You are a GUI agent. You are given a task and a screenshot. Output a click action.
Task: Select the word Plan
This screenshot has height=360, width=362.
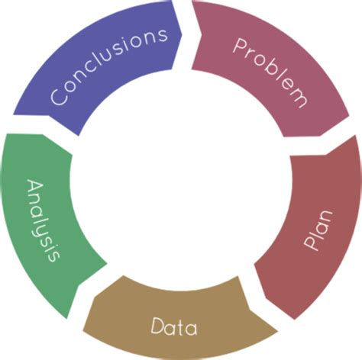click(318, 230)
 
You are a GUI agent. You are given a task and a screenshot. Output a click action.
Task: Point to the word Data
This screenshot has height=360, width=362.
click(174, 326)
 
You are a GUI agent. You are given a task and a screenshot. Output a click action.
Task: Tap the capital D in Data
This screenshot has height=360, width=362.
click(158, 326)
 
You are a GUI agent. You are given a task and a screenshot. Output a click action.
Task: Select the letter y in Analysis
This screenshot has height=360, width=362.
click(44, 227)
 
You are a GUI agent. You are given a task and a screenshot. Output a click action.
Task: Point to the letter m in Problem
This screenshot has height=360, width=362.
click(299, 98)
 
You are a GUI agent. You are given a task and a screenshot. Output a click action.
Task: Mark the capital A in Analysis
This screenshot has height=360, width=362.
click(35, 188)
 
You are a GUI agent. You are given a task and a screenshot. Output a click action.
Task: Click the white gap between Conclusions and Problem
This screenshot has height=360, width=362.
click(186, 36)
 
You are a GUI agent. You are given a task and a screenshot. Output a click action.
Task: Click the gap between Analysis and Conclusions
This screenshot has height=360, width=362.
click(44, 125)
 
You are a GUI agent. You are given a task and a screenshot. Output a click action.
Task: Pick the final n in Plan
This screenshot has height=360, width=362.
click(325, 217)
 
